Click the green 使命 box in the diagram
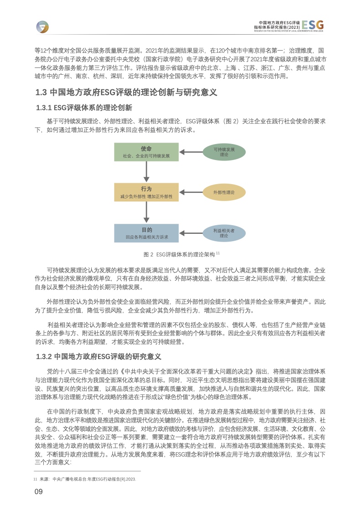click(x=146, y=152)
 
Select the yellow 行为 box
click(x=146, y=192)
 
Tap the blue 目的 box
click(x=146, y=233)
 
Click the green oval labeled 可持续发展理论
click(x=224, y=152)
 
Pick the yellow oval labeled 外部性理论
click(x=224, y=192)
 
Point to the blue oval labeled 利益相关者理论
click(x=224, y=233)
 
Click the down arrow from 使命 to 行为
click(x=146, y=172)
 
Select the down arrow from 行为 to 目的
click(x=146, y=212)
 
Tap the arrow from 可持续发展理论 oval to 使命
click(x=191, y=152)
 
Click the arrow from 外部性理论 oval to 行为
click(x=191, y=192)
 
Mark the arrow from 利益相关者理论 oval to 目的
click(x=191, y=233)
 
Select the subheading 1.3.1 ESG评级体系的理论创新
click(x=84, y=108)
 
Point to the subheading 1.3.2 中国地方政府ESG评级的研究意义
click(x=99, y=356)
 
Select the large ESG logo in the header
click(x=313, y=25)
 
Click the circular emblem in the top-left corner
click(x=42, y=27)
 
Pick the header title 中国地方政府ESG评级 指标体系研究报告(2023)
click(x=277, y=25)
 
